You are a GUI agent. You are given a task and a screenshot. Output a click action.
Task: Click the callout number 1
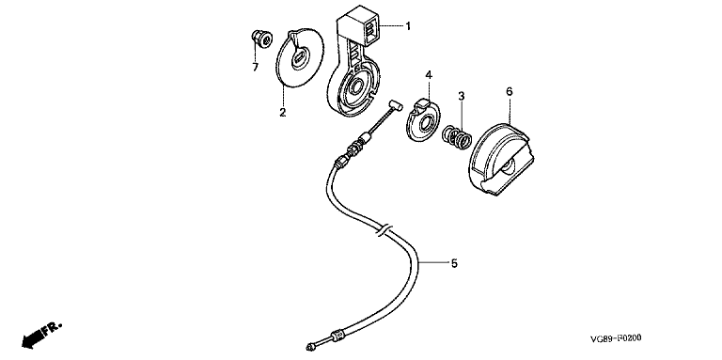click(x=407, y=25)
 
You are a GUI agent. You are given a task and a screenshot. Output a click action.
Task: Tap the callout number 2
click(x=282, y=112)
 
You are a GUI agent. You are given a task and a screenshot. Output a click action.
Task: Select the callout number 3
click(x=461, y=96)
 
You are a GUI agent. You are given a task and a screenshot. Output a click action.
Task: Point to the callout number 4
click(x=429, y=74)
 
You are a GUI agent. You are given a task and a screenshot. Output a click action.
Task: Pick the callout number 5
click(x=454, y=263)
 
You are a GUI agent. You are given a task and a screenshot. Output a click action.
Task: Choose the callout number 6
click(x=509, y=91)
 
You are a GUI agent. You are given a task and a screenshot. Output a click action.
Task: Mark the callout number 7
click(x=255, y=68)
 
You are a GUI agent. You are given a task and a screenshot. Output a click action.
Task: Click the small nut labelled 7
click(x=261, y=39)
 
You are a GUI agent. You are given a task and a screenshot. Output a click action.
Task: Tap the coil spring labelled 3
click(x=457, y=136)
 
